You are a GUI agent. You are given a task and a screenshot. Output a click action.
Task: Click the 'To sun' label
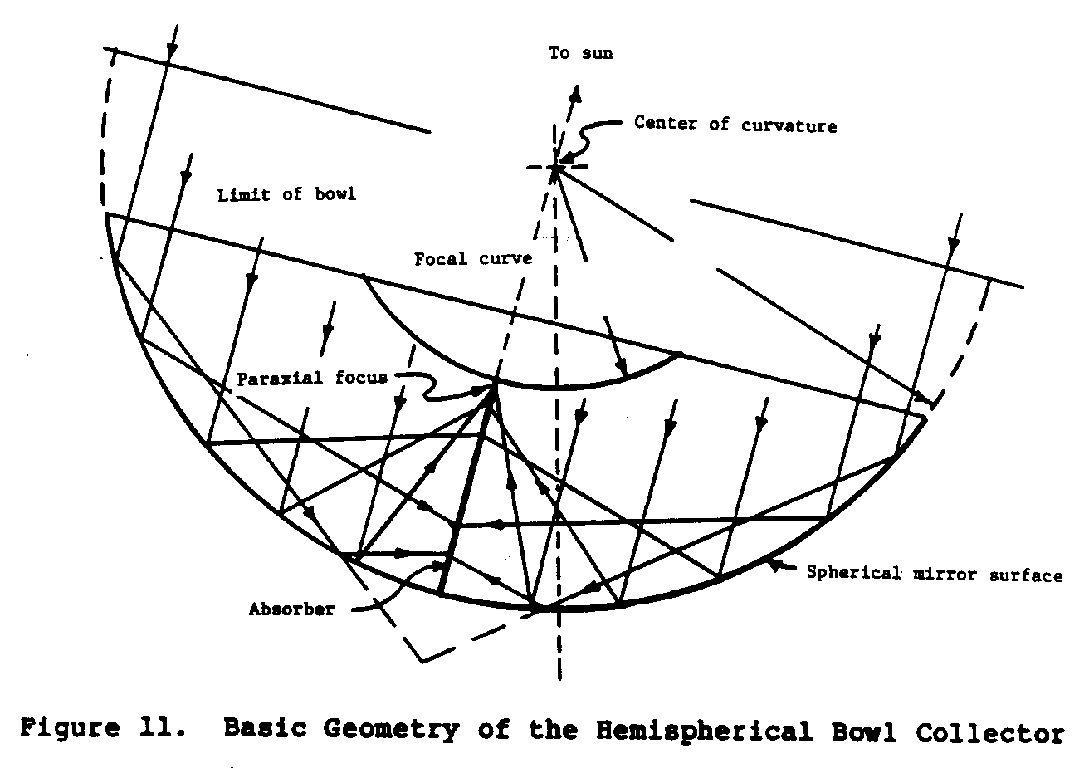(580, 53)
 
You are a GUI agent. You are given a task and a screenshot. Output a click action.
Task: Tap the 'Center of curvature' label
(735, 125)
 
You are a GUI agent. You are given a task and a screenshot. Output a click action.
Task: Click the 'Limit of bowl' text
(286, 196)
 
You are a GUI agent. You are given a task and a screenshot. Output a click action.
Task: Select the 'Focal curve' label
(473, 259)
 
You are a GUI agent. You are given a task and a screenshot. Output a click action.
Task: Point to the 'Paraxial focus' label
(312, 378)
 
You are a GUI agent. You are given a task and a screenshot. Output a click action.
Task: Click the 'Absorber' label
(291, 609)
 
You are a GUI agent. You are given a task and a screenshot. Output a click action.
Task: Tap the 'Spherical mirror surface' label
(935, 574)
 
